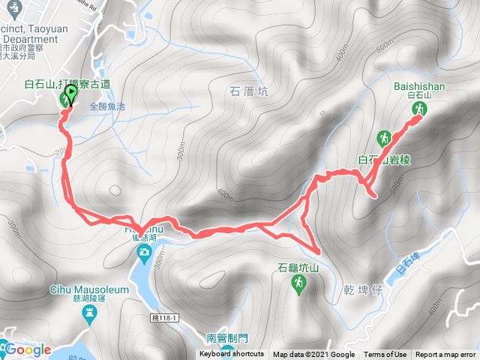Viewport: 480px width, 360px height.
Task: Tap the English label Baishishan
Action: pos(419,86)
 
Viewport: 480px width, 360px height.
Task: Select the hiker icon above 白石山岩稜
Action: pos(385,138)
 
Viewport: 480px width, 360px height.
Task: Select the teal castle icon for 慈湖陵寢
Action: pos(90,311)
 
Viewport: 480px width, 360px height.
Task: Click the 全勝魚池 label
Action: pos(106,106)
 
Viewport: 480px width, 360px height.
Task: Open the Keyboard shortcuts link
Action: pos(232,355)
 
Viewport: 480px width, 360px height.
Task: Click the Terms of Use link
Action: pos(385,355)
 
